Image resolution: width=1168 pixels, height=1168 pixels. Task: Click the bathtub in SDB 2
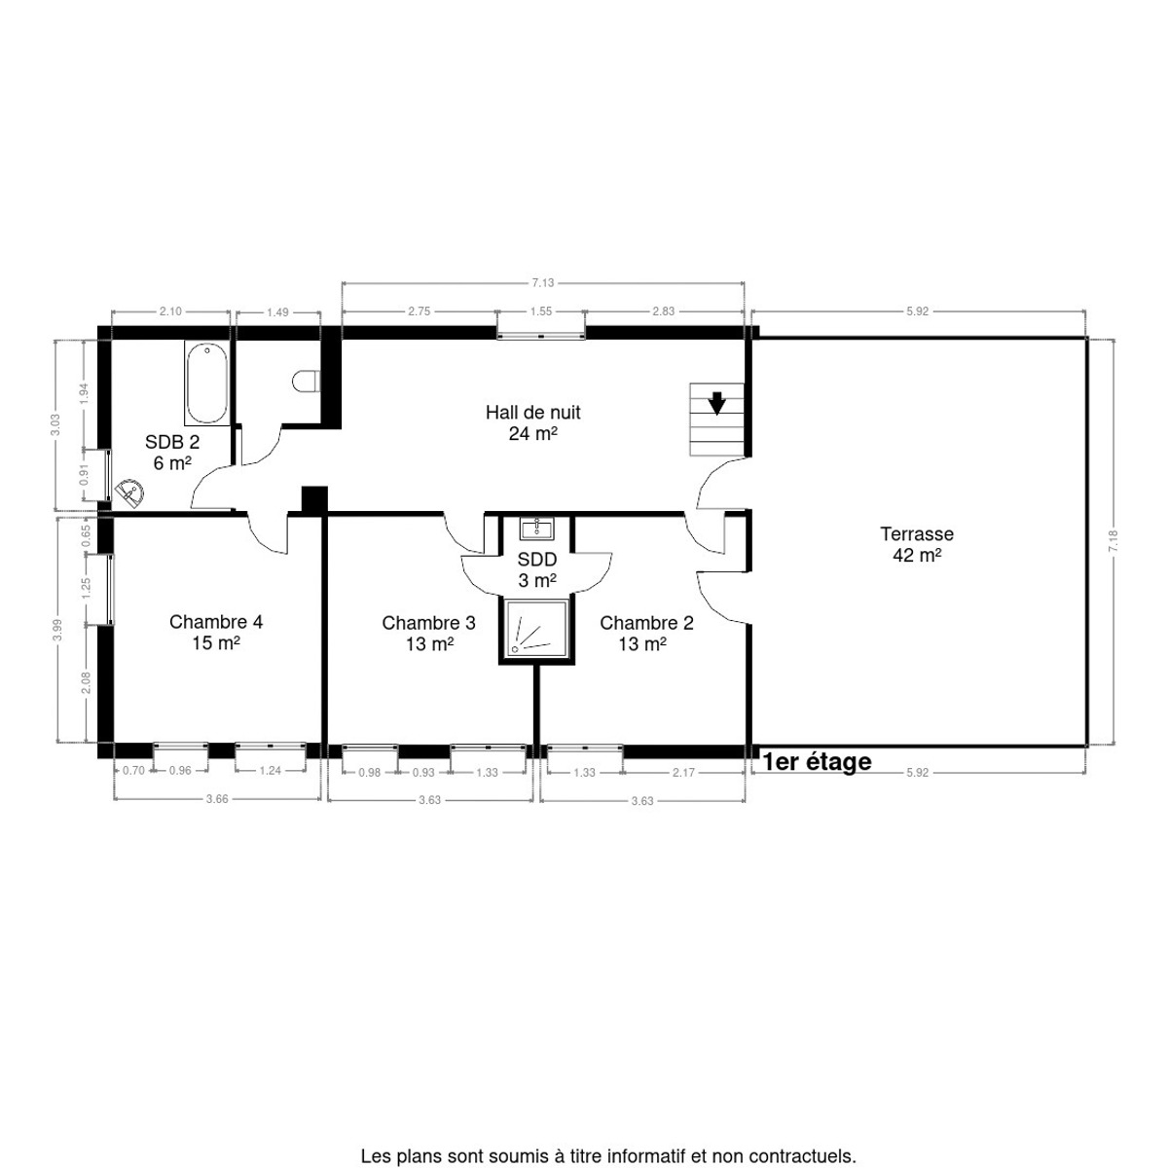(x=207, y=383)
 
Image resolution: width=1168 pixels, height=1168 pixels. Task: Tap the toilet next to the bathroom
(x=307, y=382)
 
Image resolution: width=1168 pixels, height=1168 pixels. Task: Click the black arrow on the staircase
(x=717, y=403)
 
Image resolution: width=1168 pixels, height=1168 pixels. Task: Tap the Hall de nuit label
(x=532, y=423)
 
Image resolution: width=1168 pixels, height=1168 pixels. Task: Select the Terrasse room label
(x=917, y=544)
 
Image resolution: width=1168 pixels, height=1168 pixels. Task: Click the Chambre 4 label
(x=216, y=633)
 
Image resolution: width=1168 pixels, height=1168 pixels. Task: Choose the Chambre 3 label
(x=428, y=633)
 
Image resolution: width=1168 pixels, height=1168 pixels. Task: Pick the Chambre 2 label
(x=646, y=633)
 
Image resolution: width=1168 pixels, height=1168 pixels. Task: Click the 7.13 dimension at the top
(x=542, y=282)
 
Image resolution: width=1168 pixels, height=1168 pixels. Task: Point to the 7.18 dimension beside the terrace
(x=1113, y=540)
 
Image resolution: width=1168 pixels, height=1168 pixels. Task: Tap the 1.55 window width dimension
(x=540, y=310)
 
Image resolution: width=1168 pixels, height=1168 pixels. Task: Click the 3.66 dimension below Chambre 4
(x=217, y=799)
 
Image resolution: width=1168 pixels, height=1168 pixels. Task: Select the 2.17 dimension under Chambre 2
(x=683, y=772)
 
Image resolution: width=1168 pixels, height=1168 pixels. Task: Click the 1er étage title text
(x=817, y=762)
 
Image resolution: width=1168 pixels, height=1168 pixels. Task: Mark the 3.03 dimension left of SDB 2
(x=55, y=424)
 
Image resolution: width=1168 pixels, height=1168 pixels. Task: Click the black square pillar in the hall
(x=314, y=499)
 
